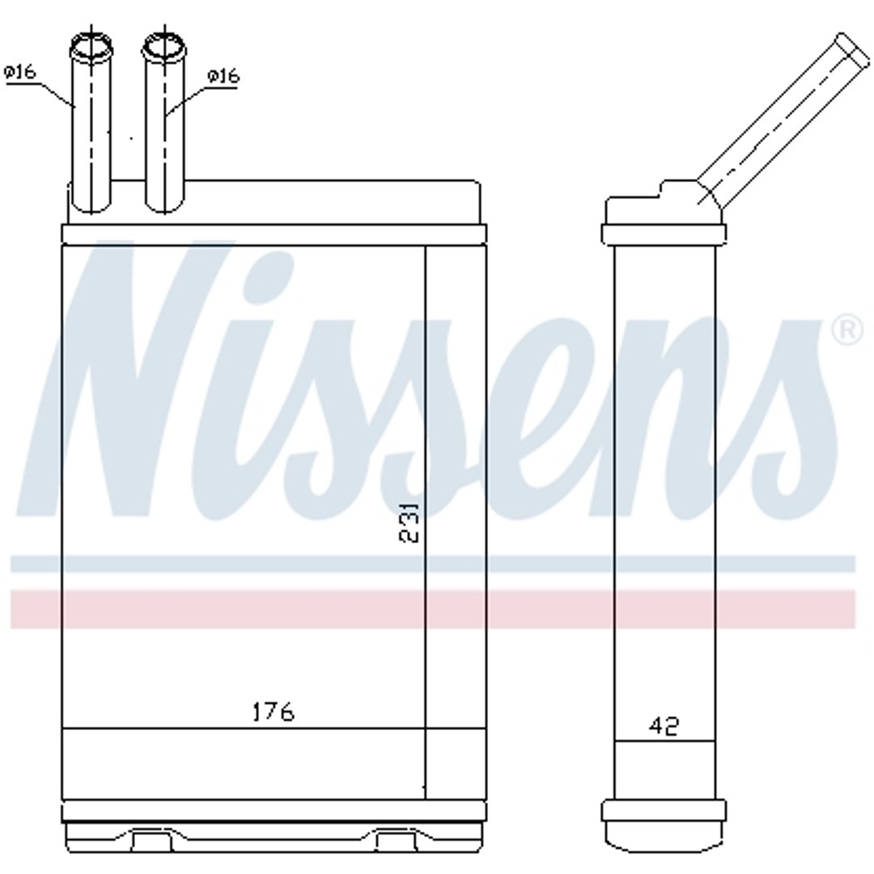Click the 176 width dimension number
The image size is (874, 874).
[274, 712]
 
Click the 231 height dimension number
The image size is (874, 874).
[409, 522]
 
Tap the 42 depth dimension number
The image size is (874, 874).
[664, 726]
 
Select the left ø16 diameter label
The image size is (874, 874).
[19, 72]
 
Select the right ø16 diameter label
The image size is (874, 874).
[223, 76]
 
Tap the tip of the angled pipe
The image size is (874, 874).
[852, 49]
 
